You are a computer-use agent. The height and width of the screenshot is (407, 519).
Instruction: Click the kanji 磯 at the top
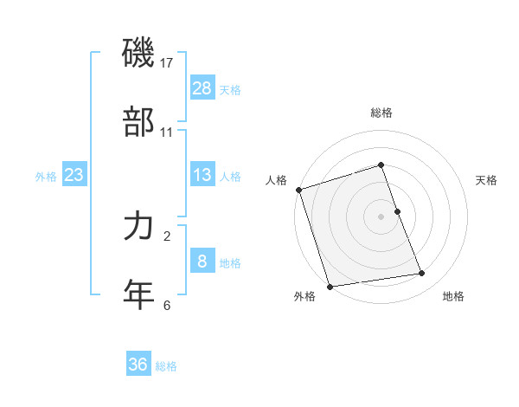tap(138, 55)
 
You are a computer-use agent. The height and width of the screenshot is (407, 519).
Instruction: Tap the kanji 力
tap(138, 226)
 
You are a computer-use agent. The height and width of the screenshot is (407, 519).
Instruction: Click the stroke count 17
tap(167, 63)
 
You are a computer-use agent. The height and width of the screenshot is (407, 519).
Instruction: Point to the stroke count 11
tap(167, 132)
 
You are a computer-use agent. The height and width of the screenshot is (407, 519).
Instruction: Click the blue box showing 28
tap(202, 87)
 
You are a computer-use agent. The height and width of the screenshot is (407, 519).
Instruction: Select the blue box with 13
tap(202, 174)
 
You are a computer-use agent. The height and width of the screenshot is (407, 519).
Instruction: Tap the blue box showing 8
tap(202, 261)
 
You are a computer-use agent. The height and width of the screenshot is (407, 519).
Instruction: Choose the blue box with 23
tap(74, 174)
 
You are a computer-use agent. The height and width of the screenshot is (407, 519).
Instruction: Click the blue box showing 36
tap(138, 365)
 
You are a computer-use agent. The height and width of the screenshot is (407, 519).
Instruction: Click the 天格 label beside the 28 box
tap(230, 90)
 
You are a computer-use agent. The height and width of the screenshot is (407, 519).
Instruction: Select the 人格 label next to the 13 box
tap(230, 177)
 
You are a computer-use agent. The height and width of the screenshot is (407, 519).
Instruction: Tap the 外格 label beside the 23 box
tap(46, 177)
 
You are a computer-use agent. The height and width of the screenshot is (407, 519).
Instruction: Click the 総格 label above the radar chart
tap(381, 113)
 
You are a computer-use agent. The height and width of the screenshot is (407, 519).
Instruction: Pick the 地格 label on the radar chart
tap(453, 297)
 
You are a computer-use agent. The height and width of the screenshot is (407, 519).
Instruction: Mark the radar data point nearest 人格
tap(298, 190)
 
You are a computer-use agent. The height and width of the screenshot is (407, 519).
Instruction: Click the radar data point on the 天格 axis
tap(397, 211)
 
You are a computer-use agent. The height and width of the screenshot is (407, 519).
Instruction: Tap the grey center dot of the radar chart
tap(381, 216)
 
